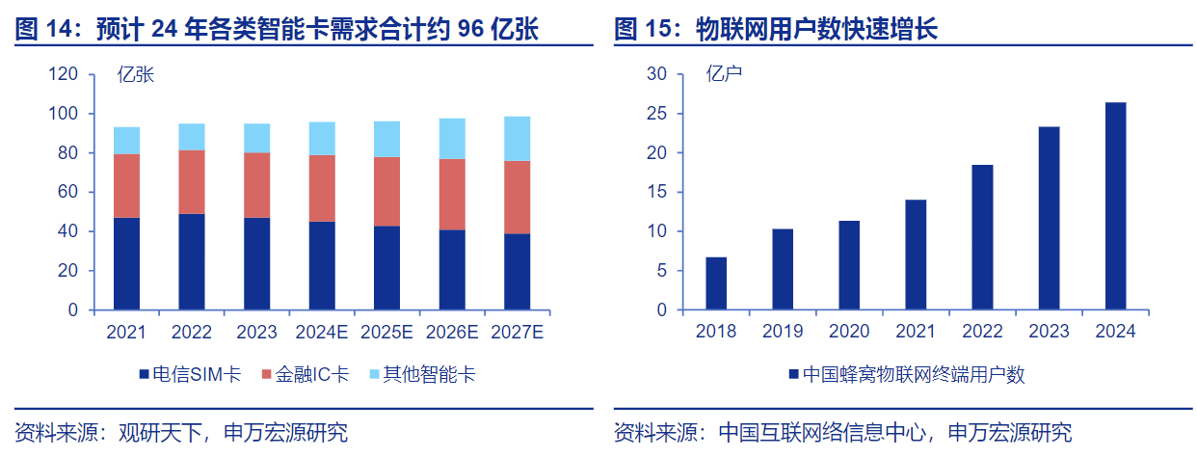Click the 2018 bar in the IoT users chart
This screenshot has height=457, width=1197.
coord(716,283)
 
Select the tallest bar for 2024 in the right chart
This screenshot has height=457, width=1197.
coord(1115,206)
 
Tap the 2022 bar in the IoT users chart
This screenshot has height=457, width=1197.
coord(982,237)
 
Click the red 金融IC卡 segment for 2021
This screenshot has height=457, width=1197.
coord(126,186)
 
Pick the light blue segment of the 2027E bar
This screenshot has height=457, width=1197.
coord(518,139)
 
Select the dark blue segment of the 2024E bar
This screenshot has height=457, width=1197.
coord(322,266)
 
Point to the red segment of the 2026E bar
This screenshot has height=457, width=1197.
coord(452,194)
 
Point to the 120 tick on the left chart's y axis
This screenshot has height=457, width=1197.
coord(63,74)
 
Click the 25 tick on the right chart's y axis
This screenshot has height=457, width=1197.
coord(656,114)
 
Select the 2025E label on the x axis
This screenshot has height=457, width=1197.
coord(386,332)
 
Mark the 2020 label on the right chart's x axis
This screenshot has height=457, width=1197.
coord(849,332)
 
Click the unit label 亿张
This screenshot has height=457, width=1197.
coord(135,74)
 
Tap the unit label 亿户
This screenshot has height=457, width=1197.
coord(724,74)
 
